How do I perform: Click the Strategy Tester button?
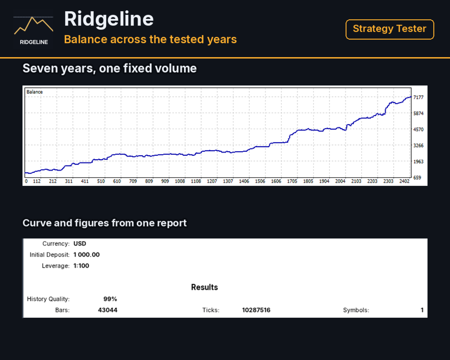click(x=390, y=29)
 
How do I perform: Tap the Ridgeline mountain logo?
click(x=34, y=29)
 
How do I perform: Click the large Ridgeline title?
click(x=109, y=19)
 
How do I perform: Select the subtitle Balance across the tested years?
click(x=150, y=39)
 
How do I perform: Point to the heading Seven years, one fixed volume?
click(x=110, y=68)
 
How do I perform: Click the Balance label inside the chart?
click(x=35, y=92)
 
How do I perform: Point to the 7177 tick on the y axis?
click(x=418, y=97)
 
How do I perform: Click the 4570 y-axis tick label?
click(x=418, y=130)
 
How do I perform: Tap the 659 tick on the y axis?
click(x=417, y=178)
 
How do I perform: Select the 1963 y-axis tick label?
click(x=418, y=162)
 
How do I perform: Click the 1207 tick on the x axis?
click(x=212, y=181)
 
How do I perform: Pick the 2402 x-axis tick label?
click(x=405, y=181)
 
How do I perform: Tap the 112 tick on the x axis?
click(x=37, y=181)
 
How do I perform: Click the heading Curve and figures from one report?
click(x=105, y=223)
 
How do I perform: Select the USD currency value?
click(x=80, y=244)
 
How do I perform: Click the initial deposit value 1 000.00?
click(x=86, y=255)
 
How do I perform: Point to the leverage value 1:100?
click(x=81, y=266)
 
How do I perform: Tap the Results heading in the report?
click(x=205, y=288)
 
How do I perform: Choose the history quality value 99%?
click(x=110, y=299)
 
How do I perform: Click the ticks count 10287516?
click(x=256, y=310)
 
